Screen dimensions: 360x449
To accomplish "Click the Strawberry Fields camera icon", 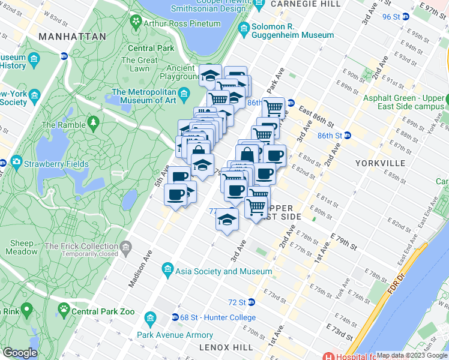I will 16,163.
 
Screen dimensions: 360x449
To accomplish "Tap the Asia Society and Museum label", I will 223,271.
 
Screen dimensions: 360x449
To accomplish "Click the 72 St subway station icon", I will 252,302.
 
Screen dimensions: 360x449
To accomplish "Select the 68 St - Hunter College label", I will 218,317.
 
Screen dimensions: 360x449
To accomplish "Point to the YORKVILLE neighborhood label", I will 381,163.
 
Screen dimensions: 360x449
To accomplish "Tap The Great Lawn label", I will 139,64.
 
